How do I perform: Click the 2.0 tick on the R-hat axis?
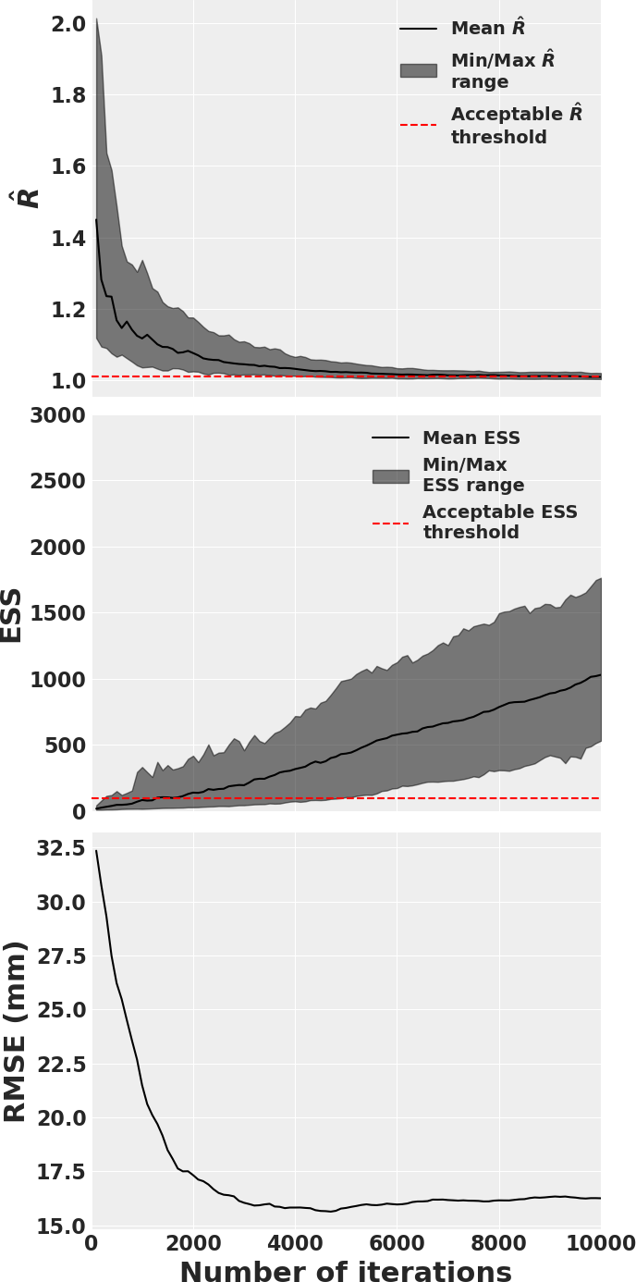(61, 23)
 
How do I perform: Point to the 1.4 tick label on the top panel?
(61, 239)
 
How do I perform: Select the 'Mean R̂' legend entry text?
(488, 29)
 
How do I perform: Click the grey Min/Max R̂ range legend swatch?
(418, 70)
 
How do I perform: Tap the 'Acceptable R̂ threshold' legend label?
(516, 126)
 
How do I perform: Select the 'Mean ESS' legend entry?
(471, 438)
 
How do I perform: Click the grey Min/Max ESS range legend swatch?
(390, 476)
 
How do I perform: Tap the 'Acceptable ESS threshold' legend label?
(500, 523)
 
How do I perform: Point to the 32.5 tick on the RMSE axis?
(61, 848)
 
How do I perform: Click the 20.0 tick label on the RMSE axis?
(61, 1118)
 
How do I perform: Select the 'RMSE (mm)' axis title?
(16, 1031)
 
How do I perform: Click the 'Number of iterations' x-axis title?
(345, 1273)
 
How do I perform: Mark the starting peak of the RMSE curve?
(96, 851)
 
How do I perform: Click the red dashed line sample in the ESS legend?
(390, 524)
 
